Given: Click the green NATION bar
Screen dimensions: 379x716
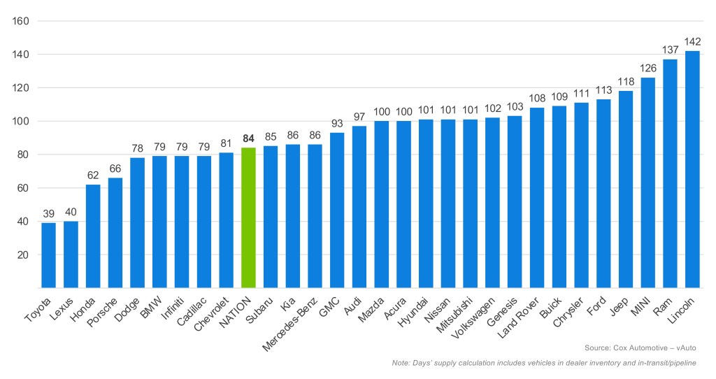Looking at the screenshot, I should point(248,217).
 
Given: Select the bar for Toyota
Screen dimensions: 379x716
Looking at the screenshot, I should point(48,255).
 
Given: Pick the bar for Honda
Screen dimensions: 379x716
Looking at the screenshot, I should point(93,236).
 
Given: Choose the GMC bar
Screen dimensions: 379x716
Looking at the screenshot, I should point(337,210).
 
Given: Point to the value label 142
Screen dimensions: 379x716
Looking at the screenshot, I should point(692,41).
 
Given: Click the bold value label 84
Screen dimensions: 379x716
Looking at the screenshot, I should point(248,138).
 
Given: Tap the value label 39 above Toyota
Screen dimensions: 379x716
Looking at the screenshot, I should point(48,213).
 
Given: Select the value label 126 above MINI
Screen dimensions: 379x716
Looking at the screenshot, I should point(647,69).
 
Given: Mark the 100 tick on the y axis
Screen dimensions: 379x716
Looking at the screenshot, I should point(20,121).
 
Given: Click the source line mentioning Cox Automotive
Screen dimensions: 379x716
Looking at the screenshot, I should point(640,348).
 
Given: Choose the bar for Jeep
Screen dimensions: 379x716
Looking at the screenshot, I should point(625,189).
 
